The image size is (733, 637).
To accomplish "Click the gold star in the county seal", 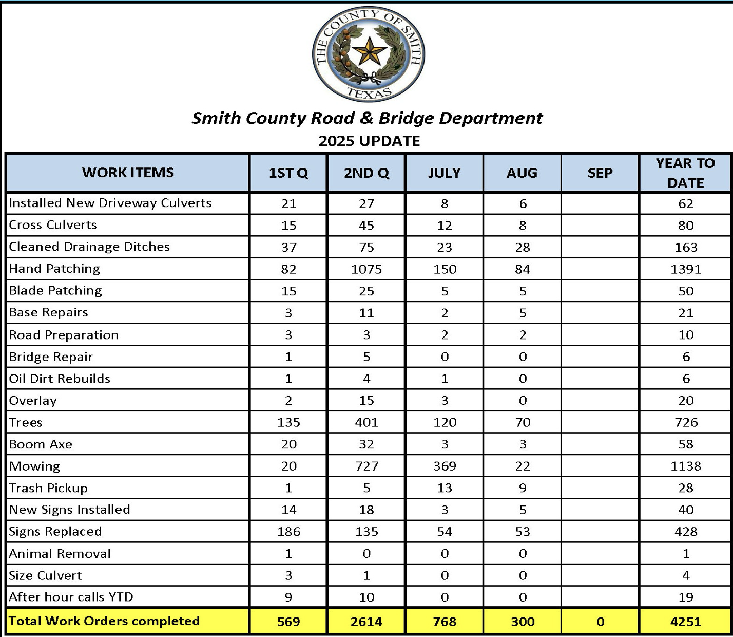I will [369, 52].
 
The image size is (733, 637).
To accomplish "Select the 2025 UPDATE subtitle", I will [369, 141].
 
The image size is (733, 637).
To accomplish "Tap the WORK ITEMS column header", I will [128, 173].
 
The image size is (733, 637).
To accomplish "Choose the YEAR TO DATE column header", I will [685, 173].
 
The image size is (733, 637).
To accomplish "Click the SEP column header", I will [600, 173].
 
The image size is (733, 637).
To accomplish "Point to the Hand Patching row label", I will [54, 269].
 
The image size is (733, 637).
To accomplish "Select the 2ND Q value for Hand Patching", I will [366, 269].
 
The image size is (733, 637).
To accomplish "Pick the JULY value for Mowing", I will [445, 466].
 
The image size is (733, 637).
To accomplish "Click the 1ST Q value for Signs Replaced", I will [288, 532].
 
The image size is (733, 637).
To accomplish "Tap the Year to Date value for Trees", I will [686, 422].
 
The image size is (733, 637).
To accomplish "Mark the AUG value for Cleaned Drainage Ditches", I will [523, 247].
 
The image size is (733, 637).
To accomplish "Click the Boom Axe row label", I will [41, 444].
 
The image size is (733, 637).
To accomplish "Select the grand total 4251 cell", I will [685, 622].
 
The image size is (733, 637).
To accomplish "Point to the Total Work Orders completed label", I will [104, 621].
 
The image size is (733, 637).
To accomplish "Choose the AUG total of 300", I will [523, 622].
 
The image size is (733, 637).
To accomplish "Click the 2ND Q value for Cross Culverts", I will [366, 226].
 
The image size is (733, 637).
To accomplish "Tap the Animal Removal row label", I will [60, 554].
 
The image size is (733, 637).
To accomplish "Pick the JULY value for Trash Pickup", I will [445, 488].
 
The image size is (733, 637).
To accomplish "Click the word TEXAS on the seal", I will [369, 93].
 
